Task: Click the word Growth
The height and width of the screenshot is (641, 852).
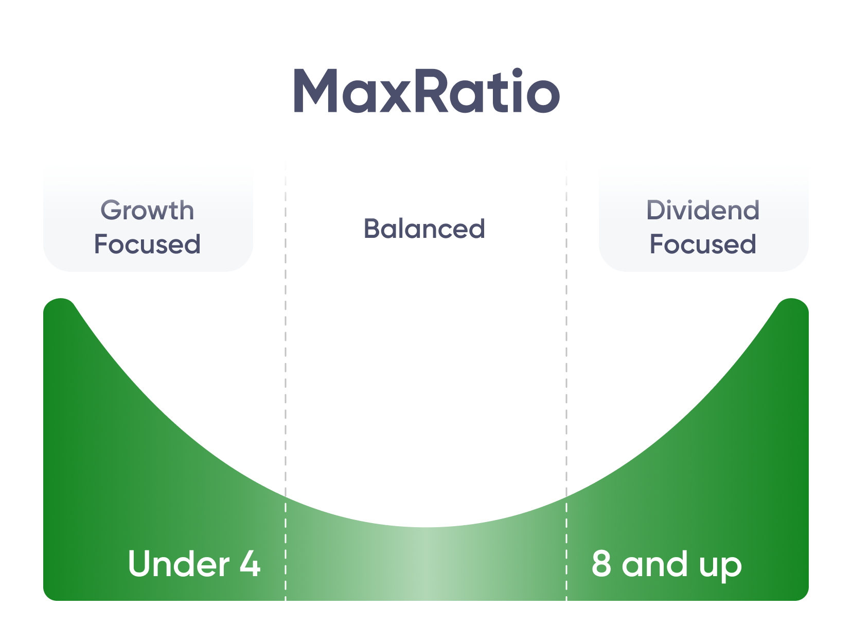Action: pyautogui.click(x=147, y=211)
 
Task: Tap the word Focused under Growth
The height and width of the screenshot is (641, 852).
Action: pyautogui.click(x=147, y=244)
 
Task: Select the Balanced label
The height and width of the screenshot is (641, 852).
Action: pyautogui.click(x=424, y=229)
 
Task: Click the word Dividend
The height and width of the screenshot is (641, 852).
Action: pyautogui.click(x=703, y=211)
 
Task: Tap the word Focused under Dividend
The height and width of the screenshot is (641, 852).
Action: pyautogui.click(x=703, y=244)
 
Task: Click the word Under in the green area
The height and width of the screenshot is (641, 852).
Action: pyautogui.click(x=178, y=564)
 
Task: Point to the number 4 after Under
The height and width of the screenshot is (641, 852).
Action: pyautogui.click(x=250, y=564)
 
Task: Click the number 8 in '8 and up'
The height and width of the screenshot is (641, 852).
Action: pyautogui.click(x=601, y=564)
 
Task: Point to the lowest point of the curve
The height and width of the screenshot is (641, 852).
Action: pyautogui.click(x=426, y=527)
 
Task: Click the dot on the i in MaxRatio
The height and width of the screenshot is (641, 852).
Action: pyautogui.click(x=517, y=74)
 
